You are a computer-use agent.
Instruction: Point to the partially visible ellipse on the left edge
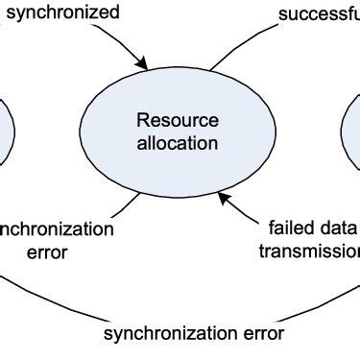pyautogui.click(x=5, y=130)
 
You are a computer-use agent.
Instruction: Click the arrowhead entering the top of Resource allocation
pyautogui.click(x=144, y=65)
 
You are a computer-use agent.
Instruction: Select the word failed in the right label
pyautogui.click(x=289, y=229)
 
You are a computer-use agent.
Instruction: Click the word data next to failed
pyautogui.click(x=337, y=229)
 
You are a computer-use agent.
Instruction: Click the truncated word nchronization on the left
pyautogui.click(x=56, y=229)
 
